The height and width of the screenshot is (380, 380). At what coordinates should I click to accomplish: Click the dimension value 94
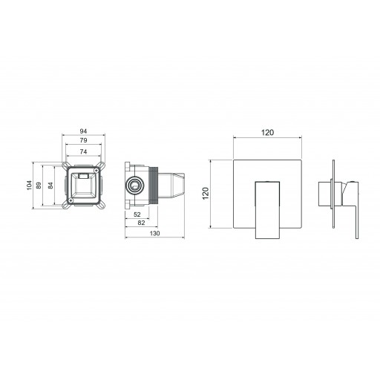point(83,131)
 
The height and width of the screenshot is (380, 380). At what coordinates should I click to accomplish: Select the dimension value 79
point(83,140)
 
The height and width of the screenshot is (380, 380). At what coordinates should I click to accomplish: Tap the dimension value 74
point(83,151)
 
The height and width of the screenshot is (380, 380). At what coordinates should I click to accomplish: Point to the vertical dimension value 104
point(30,186)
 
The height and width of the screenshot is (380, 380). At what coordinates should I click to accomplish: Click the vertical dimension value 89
point(39,186)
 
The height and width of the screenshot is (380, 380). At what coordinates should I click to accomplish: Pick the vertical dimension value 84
point(50,186)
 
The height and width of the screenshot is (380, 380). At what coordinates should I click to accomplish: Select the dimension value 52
point(137,214)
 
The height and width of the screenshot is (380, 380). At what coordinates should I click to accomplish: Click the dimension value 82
point(141,223)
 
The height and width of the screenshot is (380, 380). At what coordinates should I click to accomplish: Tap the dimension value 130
point(155,233)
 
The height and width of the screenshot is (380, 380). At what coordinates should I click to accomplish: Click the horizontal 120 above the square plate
point(268,133)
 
